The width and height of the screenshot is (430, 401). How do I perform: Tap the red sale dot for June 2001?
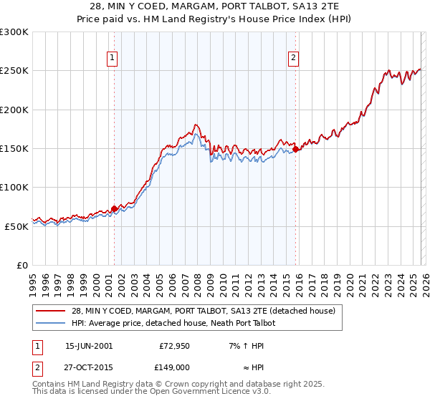point(114,208)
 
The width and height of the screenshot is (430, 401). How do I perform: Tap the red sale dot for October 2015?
point(296,149)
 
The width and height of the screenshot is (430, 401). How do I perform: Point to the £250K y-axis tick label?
point(14,71)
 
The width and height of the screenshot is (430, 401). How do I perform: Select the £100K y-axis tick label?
point(14,187)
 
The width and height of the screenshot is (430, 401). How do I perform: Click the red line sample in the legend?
point(51,311)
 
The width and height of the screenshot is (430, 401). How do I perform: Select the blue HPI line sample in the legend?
point(51,323)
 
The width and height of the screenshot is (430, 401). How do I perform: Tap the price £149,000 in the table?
point(174,367)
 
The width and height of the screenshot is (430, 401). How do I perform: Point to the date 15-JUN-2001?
point(89,345)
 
